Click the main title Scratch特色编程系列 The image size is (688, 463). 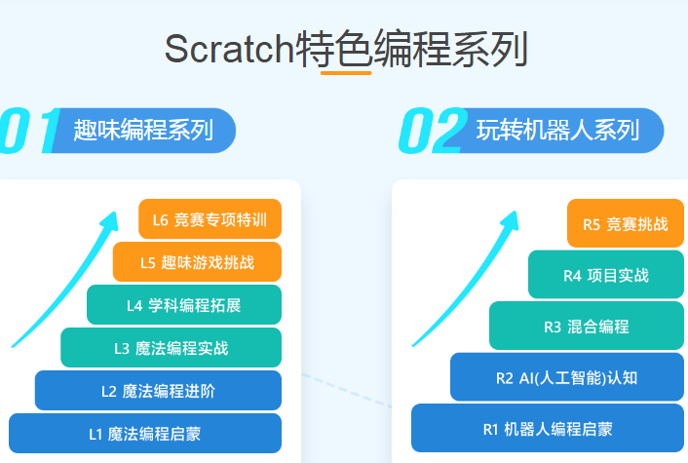click(x=346, y=49)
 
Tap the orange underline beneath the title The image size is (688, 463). click(x=346, y=73)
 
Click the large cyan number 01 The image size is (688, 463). click(x=30, y=131)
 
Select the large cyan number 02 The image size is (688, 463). click(x=433, y=131)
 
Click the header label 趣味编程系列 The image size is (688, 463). click(x=143, y=131)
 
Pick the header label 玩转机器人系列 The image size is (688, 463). click(x=558, y=131)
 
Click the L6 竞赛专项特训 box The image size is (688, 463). click(x=210, y=219)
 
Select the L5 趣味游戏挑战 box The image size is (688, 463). click(x=197, y=262)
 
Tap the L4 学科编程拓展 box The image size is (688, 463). click(x=184, y=304)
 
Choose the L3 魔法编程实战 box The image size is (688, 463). click(x=172, y=348)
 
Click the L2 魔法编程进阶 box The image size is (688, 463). click(x=158, y=390)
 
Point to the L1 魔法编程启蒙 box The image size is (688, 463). click(x=145, y=433)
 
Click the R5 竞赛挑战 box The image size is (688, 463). click(x=626, y=223)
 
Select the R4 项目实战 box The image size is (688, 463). click(x=606, y=275)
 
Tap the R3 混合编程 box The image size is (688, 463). click(x=587, y=326)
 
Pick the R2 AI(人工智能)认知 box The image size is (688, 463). click(x=567, y=377)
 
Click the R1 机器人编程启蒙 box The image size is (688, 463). click(x=548, y=428)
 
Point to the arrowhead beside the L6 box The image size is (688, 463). click(x=110, y=220)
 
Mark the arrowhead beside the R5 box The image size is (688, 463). click(x=511, y=220)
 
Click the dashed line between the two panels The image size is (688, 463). click(x=347, y=391)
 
